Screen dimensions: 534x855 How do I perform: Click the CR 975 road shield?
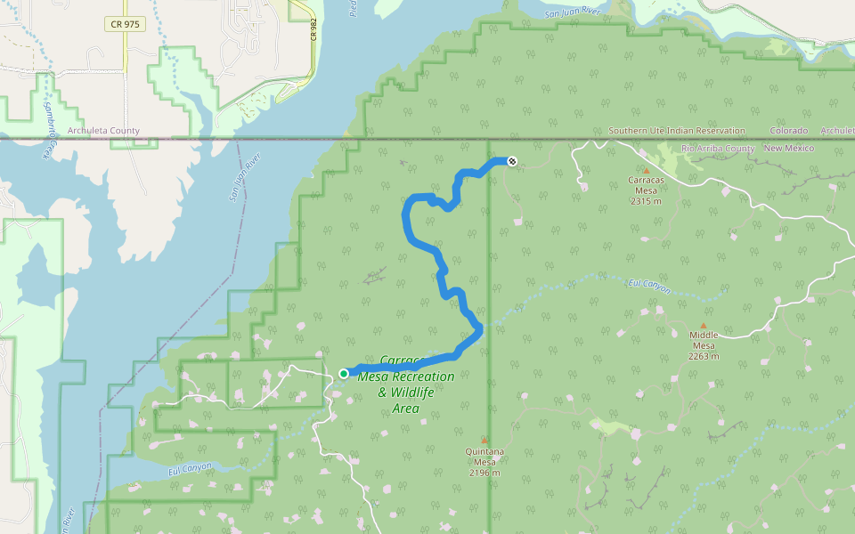tap(126, 25)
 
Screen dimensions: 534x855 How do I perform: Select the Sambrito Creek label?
tap(46, 129)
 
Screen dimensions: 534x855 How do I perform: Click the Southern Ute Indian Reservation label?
tap(677, 131)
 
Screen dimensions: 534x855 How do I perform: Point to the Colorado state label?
tap(789, 131)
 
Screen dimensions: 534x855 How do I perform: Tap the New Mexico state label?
tap(788, 148)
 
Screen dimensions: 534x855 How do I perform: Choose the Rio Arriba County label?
tap(718, 148)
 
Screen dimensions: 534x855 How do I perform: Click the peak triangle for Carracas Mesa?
tap(647, 171)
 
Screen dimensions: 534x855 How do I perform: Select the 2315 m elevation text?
tap(647, 201)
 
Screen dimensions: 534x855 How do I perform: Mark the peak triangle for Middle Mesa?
tap(703, 327)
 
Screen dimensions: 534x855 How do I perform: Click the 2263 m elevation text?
tap(703, 356)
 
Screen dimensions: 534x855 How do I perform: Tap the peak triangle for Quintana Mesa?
tap(484, 441)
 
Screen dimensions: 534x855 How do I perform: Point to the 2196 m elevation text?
tap(484, 473)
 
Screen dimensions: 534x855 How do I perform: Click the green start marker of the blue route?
tap(344, 373)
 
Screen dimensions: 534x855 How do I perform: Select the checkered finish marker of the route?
tap(511, 161)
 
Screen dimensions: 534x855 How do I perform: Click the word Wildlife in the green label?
tap(418, 392)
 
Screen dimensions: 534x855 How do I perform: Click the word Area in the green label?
tap(406, 409)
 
